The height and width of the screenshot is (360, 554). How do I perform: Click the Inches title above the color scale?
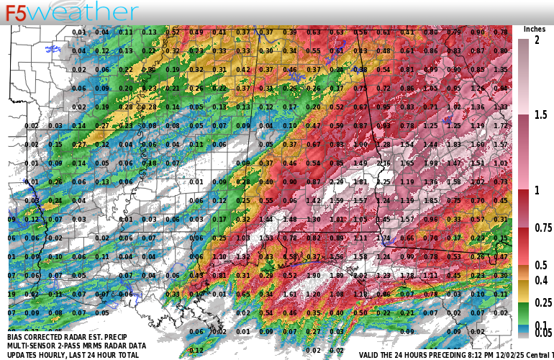tap(534, 29)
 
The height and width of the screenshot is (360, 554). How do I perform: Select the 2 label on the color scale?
tap(537, 40)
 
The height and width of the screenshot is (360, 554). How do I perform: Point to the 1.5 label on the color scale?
tap(540, 114)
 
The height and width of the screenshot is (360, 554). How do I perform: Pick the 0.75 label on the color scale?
tap(542, 228)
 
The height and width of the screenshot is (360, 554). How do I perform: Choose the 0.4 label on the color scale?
tap(540, 280)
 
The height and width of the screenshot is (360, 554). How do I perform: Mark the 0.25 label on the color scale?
tap(542, 302)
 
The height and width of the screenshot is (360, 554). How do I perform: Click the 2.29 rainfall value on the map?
tap(336, 182)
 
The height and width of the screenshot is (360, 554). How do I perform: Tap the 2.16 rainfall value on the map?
tap(383, 163)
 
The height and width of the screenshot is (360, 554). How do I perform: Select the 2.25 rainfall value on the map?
tap(383, 182)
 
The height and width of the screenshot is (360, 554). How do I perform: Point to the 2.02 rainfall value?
tap(360, 275)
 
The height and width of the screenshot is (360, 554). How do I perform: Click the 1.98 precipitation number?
tap(430, 163)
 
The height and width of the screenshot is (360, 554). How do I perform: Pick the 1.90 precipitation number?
tap(313, 275)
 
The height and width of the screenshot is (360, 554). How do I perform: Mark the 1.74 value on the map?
tap(383, 238)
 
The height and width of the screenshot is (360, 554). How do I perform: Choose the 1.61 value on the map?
tap(289, 294)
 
